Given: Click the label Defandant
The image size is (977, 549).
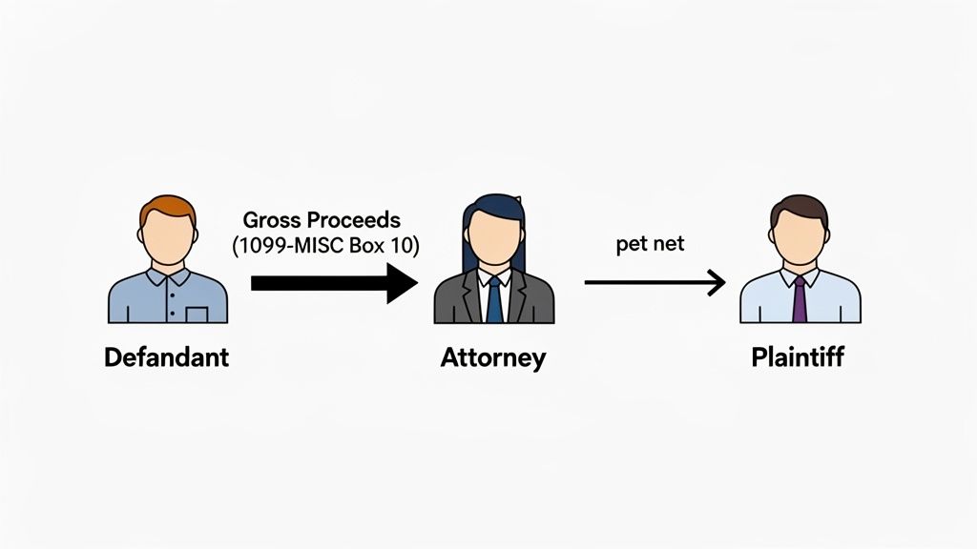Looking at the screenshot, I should [x=167, y=358].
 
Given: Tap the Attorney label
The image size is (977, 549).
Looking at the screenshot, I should [x=493, y=358].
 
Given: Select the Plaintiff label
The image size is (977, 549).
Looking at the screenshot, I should [x=798, y=358].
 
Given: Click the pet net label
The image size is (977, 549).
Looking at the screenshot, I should [x=650, y=245].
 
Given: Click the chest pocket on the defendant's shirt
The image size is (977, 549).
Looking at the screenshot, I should [x=197, y=313].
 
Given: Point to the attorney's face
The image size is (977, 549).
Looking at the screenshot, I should [x=493, y=234].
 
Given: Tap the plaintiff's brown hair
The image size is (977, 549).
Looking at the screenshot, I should [x=800, y=206].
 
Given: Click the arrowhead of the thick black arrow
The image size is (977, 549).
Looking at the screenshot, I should [x=402, y=283].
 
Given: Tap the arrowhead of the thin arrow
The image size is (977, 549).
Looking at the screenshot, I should [x=716, y=283].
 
